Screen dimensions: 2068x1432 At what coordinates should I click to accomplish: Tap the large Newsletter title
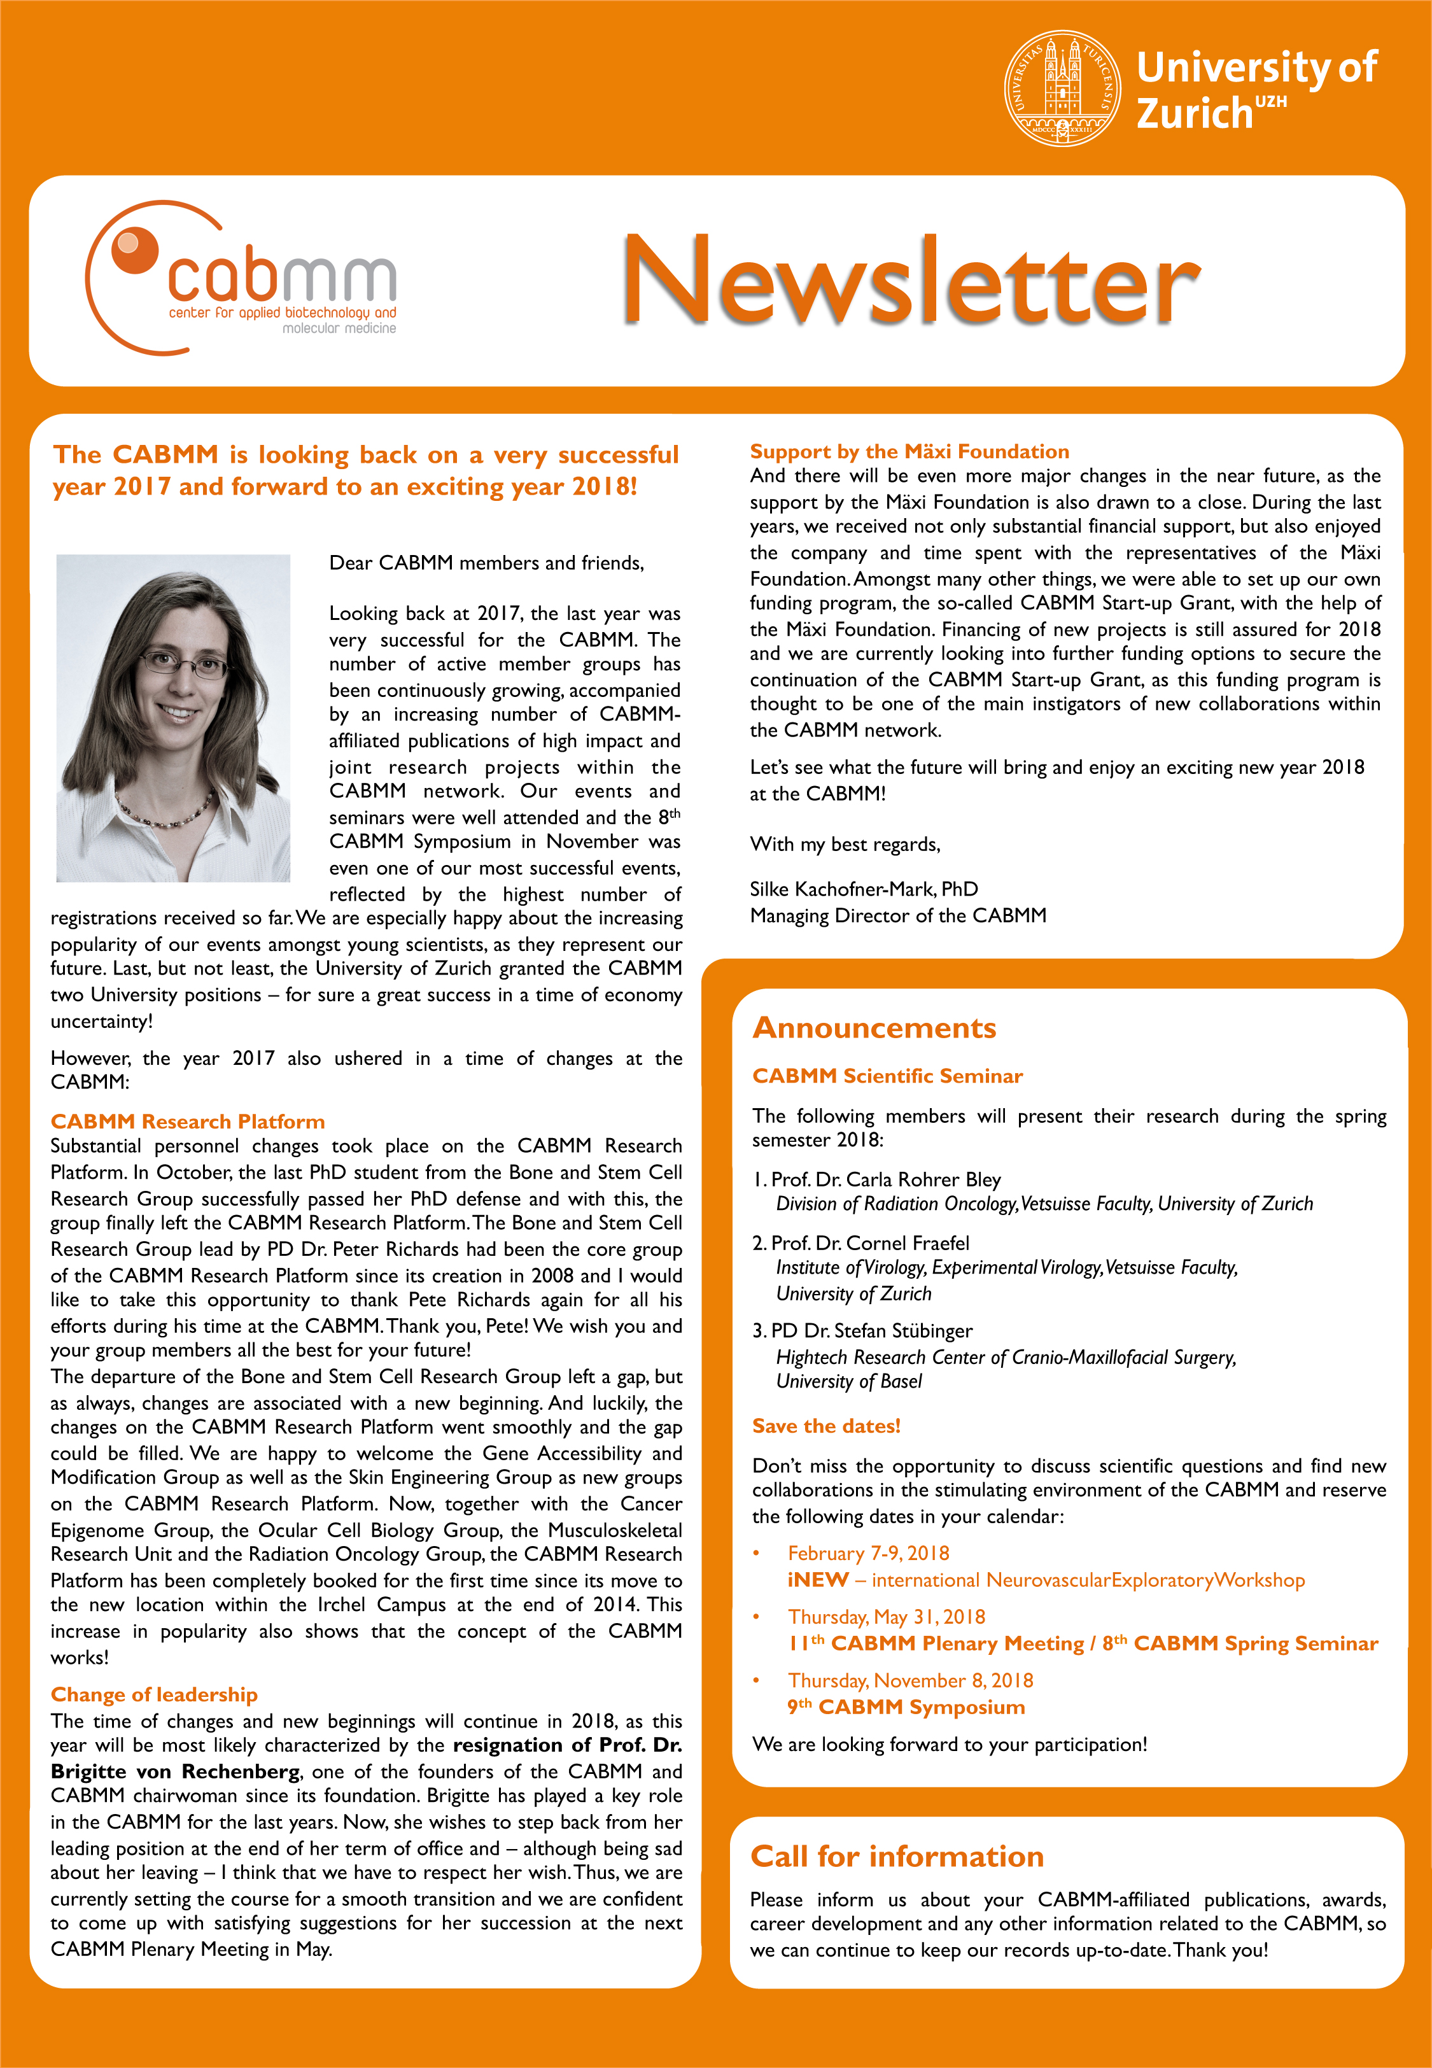coord(910,280)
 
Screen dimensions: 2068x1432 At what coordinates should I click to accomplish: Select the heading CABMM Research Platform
coord(188,1122)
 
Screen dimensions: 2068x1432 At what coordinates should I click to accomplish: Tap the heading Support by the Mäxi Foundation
coord(909,451)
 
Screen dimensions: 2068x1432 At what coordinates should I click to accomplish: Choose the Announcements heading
coord(874,1027)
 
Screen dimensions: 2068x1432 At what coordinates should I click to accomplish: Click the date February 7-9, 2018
coord(867,1553)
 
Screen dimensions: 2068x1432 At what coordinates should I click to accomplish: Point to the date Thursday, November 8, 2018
coord(910,1680)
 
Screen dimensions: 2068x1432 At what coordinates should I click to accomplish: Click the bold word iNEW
coord(817,1580)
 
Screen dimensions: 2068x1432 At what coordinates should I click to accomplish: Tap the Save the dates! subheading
coord(825,1426)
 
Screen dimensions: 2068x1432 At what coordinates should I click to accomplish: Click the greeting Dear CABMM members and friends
coord(486,563)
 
